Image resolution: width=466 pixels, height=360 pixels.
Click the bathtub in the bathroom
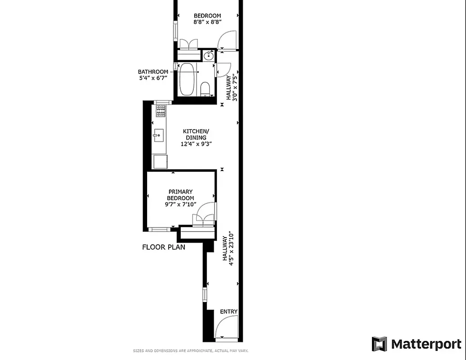(x=187, y=80)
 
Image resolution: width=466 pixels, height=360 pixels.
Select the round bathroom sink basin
(x=208, y=56)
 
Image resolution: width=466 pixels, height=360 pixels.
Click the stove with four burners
(x=161, y=111)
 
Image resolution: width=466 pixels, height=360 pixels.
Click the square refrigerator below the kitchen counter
(x=160, y=162)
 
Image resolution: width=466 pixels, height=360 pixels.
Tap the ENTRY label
(x=229, y=312)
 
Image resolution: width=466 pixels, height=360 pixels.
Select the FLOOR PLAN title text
(x=164, y=247)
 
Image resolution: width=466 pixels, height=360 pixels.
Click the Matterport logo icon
(x=379, y=344)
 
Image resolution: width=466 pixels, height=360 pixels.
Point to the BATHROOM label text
(x=153, y=72)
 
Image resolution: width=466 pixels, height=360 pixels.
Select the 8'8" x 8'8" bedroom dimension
(x=207, y=22)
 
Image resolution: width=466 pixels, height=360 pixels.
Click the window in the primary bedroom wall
(x=159, y=229)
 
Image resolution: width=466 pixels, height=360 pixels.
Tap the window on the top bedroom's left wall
(x=175, y=30)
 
